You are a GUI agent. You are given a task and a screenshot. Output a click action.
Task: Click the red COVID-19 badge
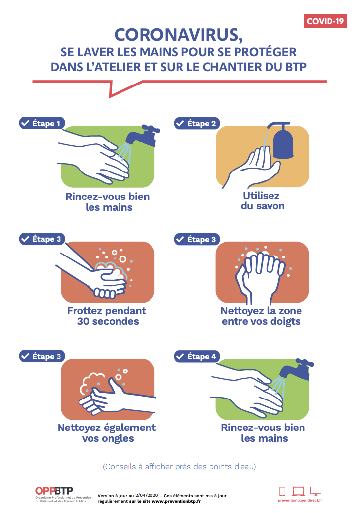click(x=325, y=21)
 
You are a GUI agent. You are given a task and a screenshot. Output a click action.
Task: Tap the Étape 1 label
click(x=42, y=123)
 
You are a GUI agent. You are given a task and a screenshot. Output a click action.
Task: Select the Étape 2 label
click(x=197, y=123)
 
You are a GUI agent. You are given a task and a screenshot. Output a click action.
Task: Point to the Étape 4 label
click(x=197, y=356)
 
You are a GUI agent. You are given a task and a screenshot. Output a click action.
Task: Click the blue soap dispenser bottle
click(x=283, y=141)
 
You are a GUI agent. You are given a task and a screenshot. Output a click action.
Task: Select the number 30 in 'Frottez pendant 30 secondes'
click(x=83, y=321)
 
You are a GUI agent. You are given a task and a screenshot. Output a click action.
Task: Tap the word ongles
click(x=118, y=439)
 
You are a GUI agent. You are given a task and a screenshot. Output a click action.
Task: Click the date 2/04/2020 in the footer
click(x=147, y=496)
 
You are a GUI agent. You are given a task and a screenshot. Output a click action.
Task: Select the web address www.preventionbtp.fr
click(x=176, y=501)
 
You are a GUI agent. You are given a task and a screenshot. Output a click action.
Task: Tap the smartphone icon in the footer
click(x=282, y=491)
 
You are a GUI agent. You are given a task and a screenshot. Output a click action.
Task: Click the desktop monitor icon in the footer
click(x=316, y=491)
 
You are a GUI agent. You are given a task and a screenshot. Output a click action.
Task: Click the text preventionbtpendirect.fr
click(x=300, y=500)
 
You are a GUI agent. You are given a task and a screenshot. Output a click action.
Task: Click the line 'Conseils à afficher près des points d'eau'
click(x=180, y=466)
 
